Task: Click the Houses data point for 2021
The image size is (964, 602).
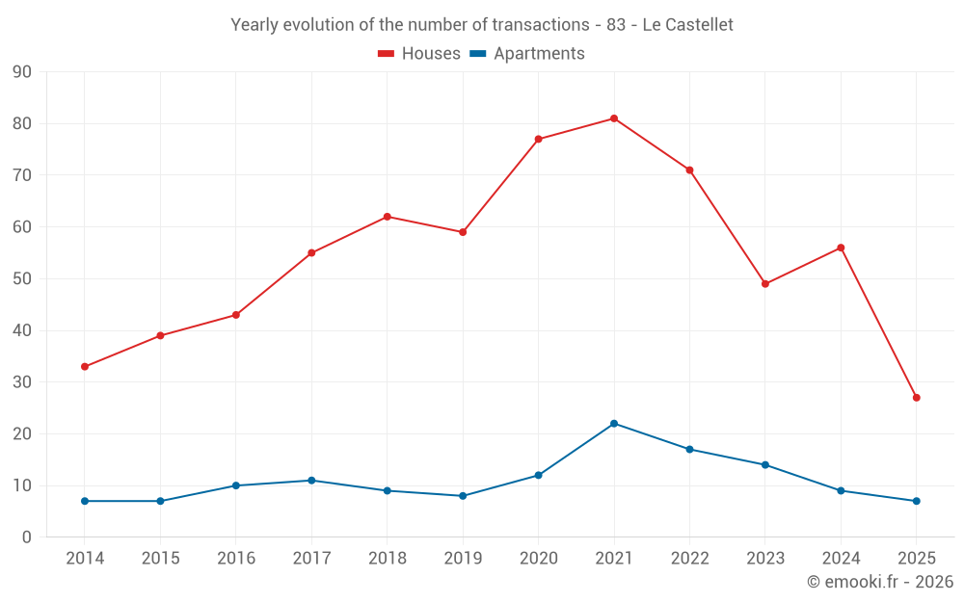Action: click(x=614, y=118)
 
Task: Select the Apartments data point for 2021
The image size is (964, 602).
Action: click(x=614, y=424)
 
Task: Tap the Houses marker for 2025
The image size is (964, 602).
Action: click(x=916, y=398)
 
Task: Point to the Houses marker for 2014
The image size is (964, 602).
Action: click(x=85, y=367)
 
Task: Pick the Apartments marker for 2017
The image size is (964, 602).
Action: click(x=311, y=481)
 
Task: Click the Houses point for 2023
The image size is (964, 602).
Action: click(x=765, y=284)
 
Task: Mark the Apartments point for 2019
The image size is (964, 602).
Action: click(x=463, y=496)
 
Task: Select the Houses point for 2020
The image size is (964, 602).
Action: click(x=538, y=140)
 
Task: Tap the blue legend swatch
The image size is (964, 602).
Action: click(x=477, y=54)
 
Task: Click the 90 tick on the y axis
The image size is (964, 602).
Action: click(x=22, y=72)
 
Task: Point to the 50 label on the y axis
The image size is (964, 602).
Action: click(x=22, y=279)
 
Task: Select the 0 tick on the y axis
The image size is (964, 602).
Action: click(x=27, y=537)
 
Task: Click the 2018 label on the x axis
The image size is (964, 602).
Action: click(x=387, y=559)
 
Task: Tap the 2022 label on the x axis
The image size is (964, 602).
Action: click(x=689, y=559)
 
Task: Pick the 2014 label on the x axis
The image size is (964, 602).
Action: click(x=85, y=559)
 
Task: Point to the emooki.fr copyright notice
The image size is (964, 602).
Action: click(x=879, y=582)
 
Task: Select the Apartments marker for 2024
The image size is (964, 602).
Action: click(x=841, y=491)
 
